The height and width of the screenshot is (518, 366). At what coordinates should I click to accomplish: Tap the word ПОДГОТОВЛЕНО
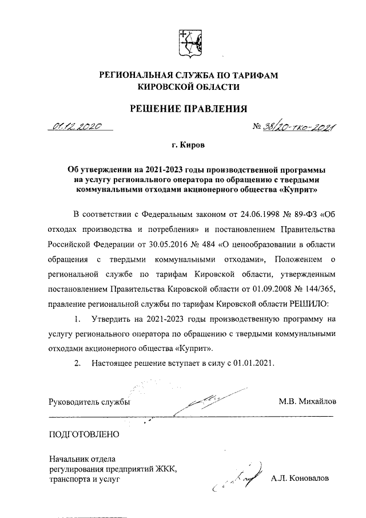(x=85, y=434)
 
